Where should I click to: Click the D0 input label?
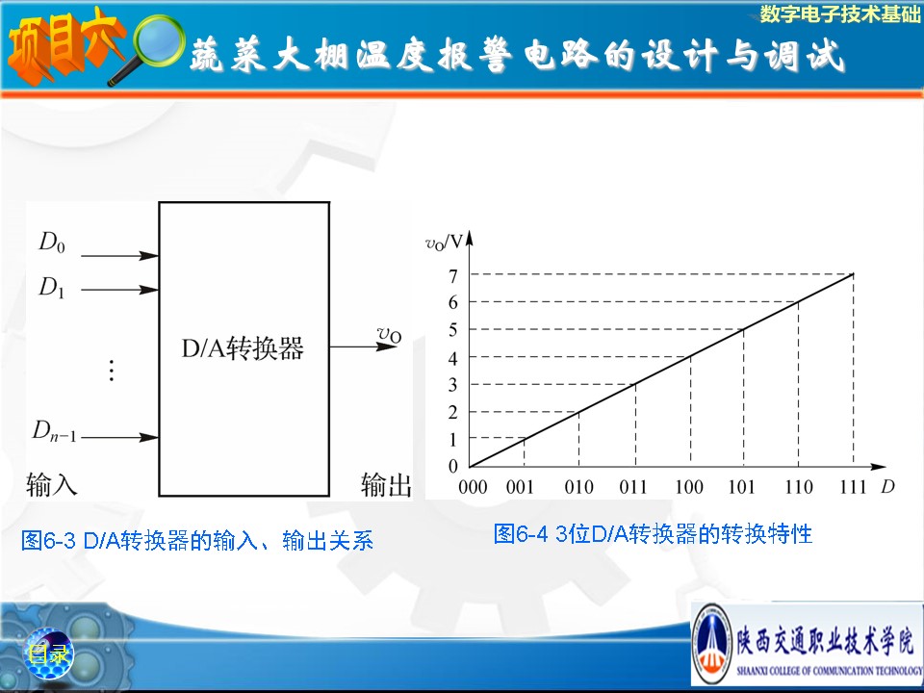(x=52, y=243)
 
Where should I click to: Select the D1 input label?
(x=52, y=288)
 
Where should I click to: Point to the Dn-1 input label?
(x=54, y=431)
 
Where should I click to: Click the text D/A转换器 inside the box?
(x=243, y=348)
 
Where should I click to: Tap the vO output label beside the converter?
(x=389, y=334)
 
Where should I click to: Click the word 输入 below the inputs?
(x=51, y=484)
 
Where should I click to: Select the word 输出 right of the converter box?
(x=386, y=484)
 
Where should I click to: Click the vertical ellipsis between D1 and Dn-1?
(x=112, y=370)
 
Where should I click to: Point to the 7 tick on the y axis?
(x=452, y=276)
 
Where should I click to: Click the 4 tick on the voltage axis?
(x=452, y=358)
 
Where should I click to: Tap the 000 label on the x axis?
(x=473, y=487)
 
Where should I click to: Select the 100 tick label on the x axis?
(x=689, y=487)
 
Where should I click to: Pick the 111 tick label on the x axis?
(x=853, y=487)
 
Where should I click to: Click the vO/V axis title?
(x=445, y=243)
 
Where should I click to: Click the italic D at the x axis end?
(x=888, y=486)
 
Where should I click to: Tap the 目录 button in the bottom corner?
(x=49, y=654)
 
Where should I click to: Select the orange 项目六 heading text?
(x=64, y=46)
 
